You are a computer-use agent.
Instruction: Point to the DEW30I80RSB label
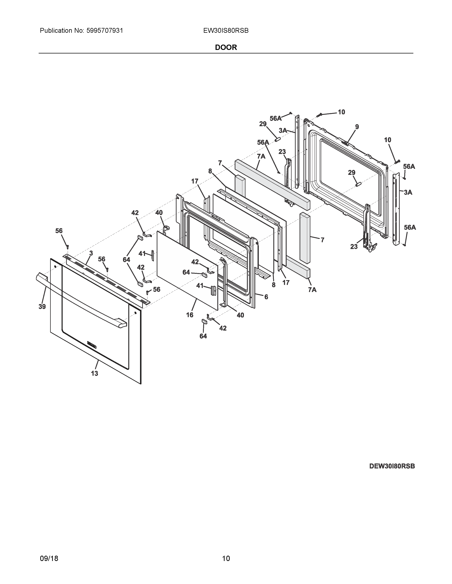(x=392, y=466)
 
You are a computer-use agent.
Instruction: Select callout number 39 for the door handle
(x=42, y=307)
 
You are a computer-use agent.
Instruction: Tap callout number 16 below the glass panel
(x=190, y=315)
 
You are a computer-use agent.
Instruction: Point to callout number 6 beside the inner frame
(x=266, y=297)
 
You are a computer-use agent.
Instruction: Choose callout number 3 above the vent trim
(x=91, y=253)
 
